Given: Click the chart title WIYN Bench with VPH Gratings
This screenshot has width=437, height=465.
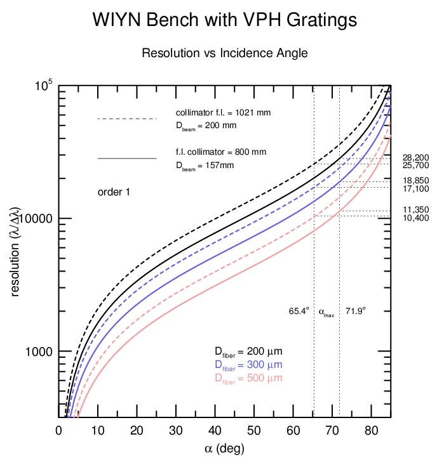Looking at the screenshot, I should pyautogui.click(x=224, y=20).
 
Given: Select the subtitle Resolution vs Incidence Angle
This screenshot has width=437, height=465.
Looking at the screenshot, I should pyautogui.click(x=224, y=53).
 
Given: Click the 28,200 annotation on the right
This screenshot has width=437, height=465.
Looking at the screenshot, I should pyautogui.click(x=416, y=157).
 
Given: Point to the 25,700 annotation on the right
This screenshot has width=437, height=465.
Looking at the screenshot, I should pyautogui.click(x=416, y=166).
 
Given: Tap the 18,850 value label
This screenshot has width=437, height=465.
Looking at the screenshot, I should pyautogui.click(x=416, y=181).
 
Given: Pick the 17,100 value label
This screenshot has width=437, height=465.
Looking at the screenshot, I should pyautogui.click(x=416, y=189).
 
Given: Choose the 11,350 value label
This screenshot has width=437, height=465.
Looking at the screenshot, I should pyautogui.click(x=416, y=210).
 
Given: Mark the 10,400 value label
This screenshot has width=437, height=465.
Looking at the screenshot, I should pyautogui.click(x=416, y=218).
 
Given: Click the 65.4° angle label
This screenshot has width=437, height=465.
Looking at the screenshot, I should pyautogui.click(x=299, y=311).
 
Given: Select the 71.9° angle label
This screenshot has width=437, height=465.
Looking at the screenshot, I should pyautogui.click(x=356, y=311).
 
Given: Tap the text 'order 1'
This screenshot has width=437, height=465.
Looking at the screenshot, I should pyautogui.click(x=114, y=192).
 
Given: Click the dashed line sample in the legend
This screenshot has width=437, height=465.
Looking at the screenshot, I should pyautogui.click(x=126, y=119).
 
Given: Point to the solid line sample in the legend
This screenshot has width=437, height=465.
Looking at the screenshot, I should pyautogui.click(x=126, y=157).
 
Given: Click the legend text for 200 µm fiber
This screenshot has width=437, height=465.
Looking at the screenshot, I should pyautogui.click(x=248, y=351).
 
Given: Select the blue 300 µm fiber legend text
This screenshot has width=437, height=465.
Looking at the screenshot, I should pyautogui.click(x=248, y=365).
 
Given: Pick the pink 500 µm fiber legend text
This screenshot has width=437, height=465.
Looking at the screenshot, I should pyautogui.click(x=248, y=378).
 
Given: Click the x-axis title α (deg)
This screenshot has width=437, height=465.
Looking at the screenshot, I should pyautogui.click(x=224, y=449).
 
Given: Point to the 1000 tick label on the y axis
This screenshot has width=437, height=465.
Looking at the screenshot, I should pyautogui.click(x=38, y=351).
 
